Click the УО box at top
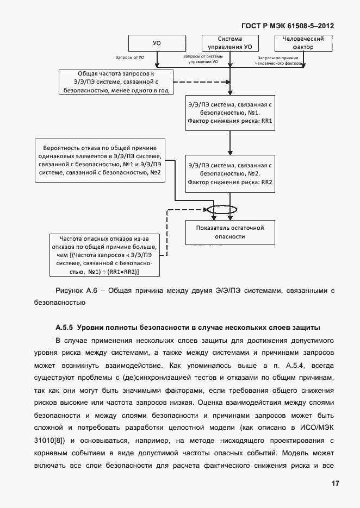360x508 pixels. [x=157, y=43]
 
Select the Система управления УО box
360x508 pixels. [x=229, y=43]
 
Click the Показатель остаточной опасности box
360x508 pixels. [x=229, y=232]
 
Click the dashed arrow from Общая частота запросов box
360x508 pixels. [x=201, y=83]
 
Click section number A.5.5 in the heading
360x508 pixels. [x=64, y=328]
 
